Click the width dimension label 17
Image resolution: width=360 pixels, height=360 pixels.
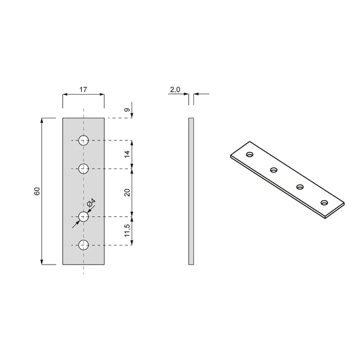click(83, 89)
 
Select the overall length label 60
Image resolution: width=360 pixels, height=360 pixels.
click(37, 191)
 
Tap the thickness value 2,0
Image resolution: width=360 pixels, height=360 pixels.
click(175, 90)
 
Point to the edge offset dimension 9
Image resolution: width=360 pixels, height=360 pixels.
click(127, 110)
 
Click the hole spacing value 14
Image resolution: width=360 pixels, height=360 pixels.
click(127, 154)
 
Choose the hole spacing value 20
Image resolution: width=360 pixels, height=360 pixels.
click(127, 192)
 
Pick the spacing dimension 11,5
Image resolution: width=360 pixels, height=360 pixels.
click(127, 230)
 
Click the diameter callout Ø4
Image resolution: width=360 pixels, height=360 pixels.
click(91, 202)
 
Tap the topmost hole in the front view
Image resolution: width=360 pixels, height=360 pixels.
click(84, 140)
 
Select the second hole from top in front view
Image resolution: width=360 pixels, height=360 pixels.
click(84, 169)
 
